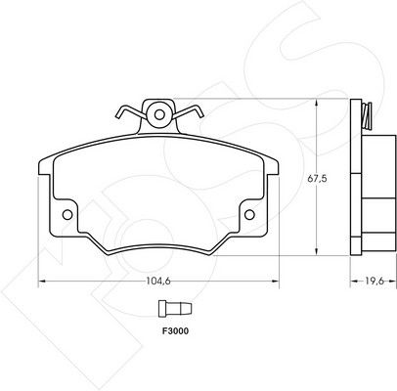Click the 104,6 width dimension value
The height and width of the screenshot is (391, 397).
tap(158, 281)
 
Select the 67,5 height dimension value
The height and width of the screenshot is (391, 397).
tap(318, 179)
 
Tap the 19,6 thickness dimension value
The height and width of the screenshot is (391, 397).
tap(374, 281)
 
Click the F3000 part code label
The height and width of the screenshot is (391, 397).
tap(175, 331)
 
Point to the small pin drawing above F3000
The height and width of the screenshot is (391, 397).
tap(175, 308)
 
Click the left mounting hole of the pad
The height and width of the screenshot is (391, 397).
tap(67, 215)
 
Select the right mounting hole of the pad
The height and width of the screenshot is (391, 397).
tap(249, 215)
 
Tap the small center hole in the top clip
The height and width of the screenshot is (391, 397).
tap(159, 114)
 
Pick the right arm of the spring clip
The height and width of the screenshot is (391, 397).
tap(189, 111)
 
